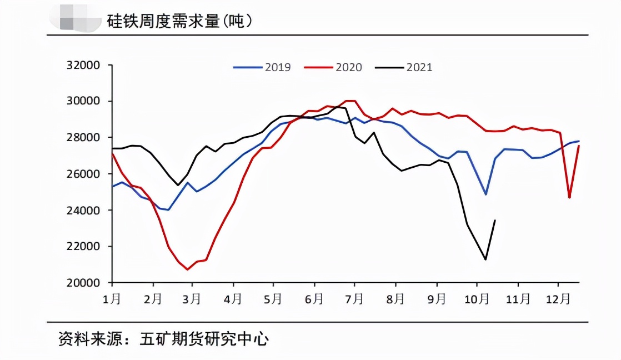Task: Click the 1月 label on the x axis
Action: (x=112, y=299)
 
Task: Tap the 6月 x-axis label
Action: (x=314, y=299)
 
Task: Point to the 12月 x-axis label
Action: (x=558, y=299)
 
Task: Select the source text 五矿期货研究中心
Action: (x=204, y=339)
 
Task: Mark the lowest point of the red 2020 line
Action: (x=188, y=269)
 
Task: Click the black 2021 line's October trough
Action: (x=485, y=259)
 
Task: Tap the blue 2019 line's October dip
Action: (x=485, y=194)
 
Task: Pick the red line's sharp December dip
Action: (x=569, y=197)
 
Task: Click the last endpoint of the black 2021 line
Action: (x=495, y=221)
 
